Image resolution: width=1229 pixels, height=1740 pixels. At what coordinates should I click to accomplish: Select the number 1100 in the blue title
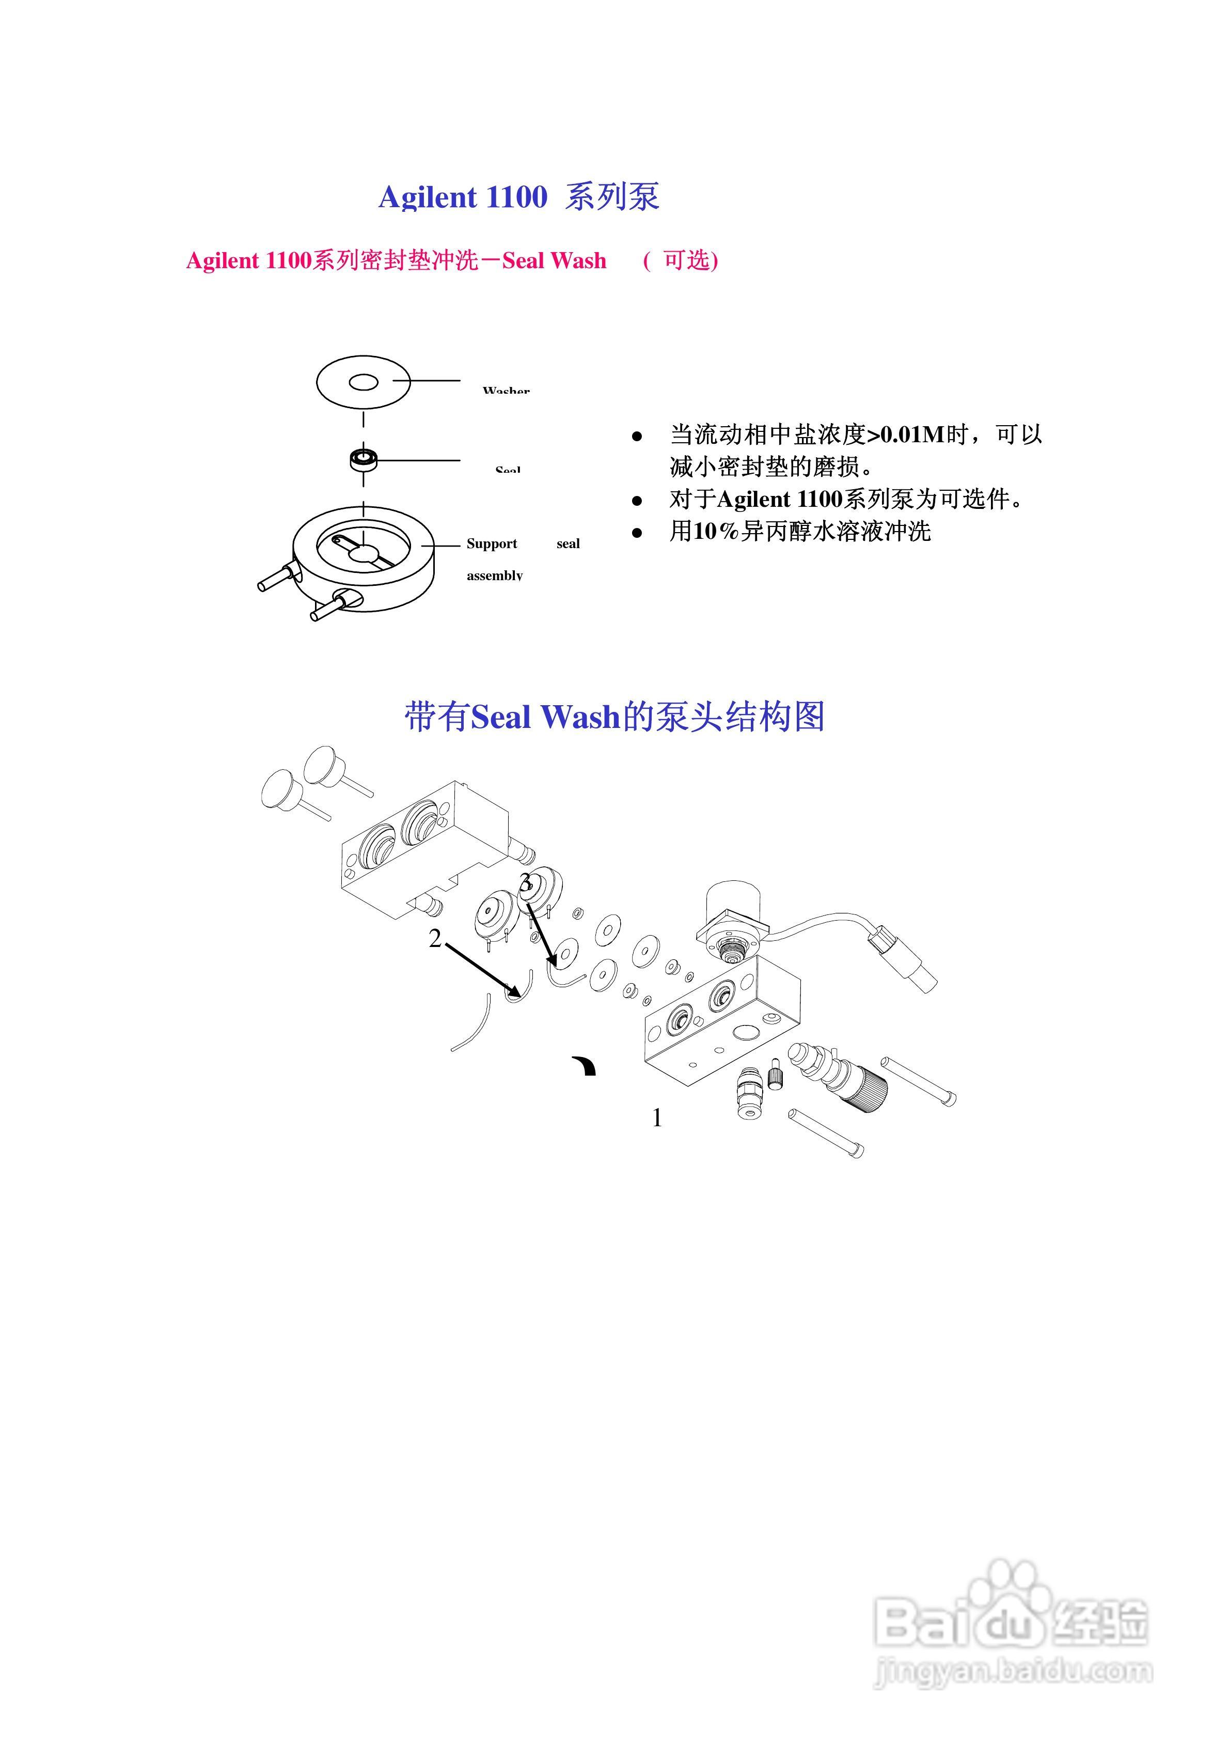(x=516, y=198)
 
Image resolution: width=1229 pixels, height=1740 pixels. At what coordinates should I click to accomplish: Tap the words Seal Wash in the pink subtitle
(x=554, y=261)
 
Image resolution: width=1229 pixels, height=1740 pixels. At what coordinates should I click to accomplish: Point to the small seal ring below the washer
(x=364, y=459)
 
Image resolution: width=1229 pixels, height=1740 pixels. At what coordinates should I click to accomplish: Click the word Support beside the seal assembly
(x=492, y=543)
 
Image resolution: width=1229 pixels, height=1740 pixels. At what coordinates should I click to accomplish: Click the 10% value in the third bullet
(x=715, y=531)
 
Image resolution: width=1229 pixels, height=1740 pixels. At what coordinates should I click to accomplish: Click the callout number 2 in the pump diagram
(x=434, y=939)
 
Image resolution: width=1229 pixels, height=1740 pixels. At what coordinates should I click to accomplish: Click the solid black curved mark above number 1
(x=585, y=1065)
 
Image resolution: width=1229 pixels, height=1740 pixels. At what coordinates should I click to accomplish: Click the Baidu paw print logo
(x=1012, y=1593)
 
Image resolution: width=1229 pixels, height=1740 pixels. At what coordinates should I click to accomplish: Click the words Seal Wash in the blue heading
(x=545, y=717)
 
